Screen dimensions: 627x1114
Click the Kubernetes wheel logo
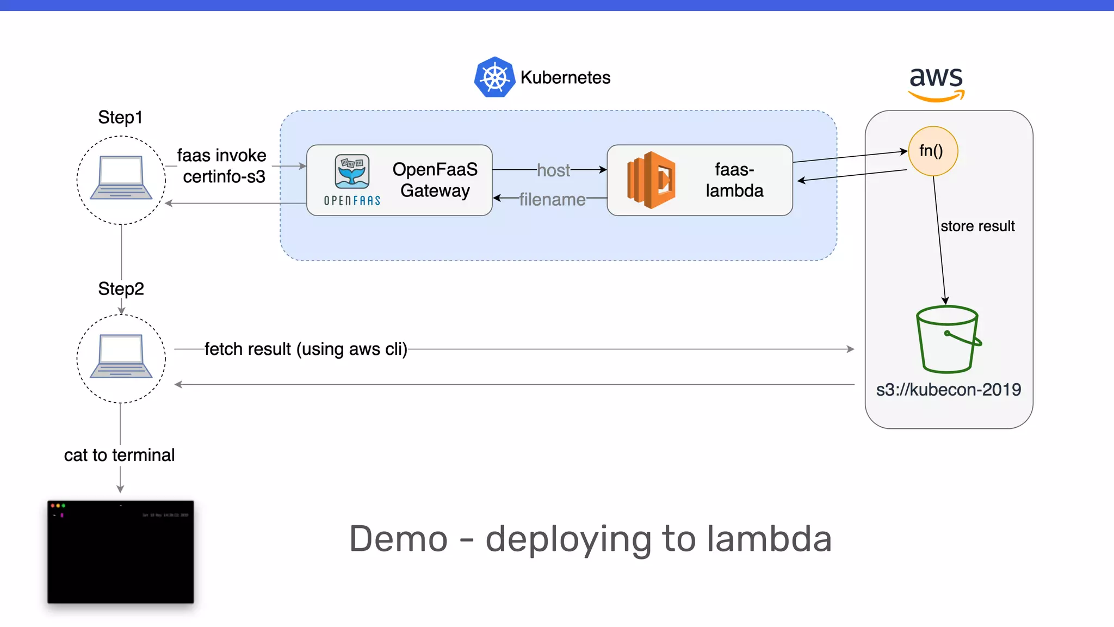click(494, 77)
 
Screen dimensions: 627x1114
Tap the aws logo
click(936, 83)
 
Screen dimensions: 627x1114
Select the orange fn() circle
click(932, 151)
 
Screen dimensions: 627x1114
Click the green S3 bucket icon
click(948, 339)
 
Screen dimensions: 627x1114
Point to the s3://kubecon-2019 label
click(948, 390)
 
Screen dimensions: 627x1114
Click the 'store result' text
click(977, 226)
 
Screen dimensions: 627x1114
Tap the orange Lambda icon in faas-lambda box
click(651, 180)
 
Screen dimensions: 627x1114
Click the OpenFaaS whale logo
click(352, 172)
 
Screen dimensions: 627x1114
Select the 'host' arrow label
click(553, 170)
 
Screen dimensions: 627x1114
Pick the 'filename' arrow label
click(552, 199)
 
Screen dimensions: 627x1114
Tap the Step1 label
click(120, 117)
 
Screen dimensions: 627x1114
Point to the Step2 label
click(121, 288)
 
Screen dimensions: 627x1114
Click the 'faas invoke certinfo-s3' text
click(222, 166)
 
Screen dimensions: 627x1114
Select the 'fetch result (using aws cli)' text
click(306, 349)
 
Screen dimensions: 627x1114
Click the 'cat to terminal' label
click(119, 455)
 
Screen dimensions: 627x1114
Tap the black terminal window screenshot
click(120, 552)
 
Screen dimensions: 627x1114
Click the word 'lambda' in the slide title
click(769, 539)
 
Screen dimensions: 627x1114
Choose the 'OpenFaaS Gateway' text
click(435, 180)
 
